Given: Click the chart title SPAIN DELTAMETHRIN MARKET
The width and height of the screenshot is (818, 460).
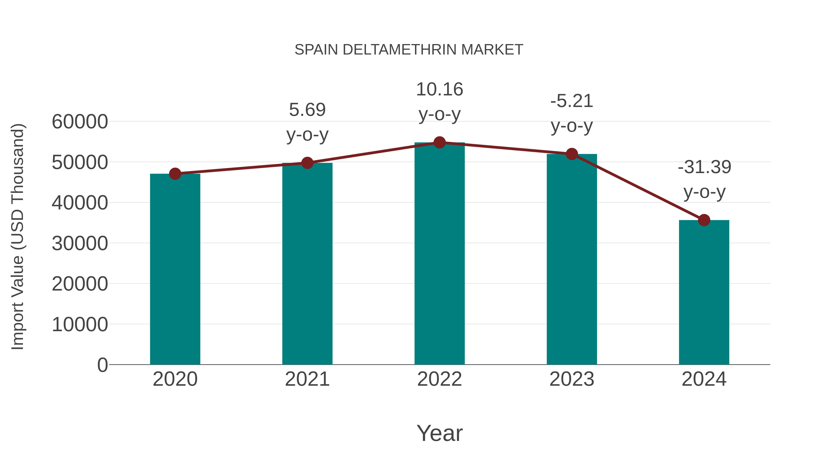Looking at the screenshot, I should [409, 50].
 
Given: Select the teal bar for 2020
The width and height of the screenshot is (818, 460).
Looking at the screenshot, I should [175, 270].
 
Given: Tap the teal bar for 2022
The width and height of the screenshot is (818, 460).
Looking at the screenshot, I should [439, 254].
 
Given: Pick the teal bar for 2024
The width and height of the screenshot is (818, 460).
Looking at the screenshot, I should [704, 292].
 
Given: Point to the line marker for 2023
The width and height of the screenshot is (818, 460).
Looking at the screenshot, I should [572, 154].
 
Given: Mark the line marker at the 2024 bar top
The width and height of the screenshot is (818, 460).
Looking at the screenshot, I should [704, 220].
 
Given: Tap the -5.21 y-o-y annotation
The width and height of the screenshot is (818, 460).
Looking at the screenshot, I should [572, 113].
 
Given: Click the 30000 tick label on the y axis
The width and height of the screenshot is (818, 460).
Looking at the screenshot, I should [80, 244].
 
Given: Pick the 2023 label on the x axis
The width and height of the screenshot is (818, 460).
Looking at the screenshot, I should [572, 379].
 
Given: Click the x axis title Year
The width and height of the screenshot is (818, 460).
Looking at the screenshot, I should [439, 433].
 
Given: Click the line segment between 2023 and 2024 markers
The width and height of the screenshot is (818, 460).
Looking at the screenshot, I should [638, 187].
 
